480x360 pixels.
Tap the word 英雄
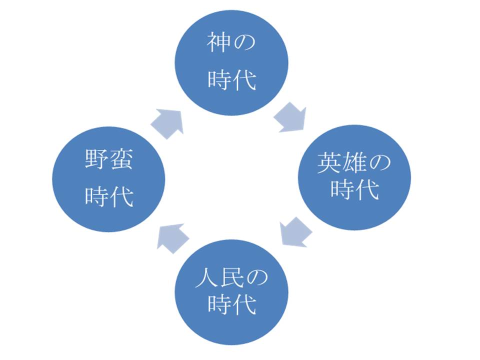click(x=342, y=163)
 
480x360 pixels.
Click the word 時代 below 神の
click(x=231, y=80)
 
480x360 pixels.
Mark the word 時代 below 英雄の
click(x=354, y=190)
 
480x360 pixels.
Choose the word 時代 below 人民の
click(x=231, y=303)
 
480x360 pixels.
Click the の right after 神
click(x=244, y=45)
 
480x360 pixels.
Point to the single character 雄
click(x=354, y=163)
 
